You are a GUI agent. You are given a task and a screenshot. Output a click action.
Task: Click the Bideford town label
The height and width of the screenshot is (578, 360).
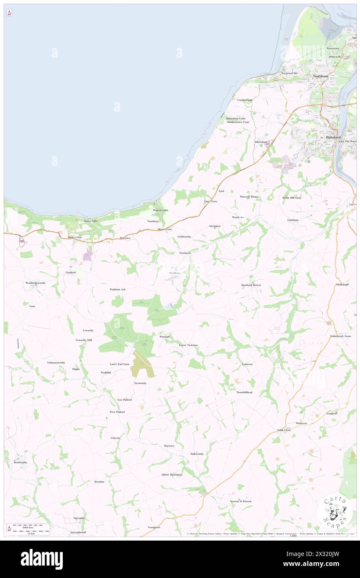(x=333, y=137)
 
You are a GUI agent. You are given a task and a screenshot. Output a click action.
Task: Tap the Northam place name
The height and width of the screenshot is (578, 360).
(x=321, y=77)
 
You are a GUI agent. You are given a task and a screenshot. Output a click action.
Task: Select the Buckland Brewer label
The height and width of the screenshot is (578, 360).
(x=251, y=285)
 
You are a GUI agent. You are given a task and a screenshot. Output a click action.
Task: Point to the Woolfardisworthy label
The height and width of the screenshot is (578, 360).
(x=35, y=283)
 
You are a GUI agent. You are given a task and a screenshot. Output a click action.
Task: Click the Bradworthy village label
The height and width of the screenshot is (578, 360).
(x=20, y=462)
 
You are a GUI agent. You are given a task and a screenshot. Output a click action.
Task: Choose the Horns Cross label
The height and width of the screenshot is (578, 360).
(x=165, y=230)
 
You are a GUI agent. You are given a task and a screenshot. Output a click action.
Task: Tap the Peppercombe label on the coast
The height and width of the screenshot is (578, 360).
(x=160, y=210)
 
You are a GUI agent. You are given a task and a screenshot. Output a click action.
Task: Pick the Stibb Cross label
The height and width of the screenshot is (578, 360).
(x=284, y=430)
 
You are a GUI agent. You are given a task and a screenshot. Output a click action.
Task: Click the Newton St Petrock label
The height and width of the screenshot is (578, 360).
(x=241, y=501)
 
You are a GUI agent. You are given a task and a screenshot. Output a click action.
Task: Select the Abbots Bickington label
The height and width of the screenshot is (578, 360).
(x=172, y=474)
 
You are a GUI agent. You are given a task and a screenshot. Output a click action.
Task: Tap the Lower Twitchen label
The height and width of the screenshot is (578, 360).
(x=188, y=345)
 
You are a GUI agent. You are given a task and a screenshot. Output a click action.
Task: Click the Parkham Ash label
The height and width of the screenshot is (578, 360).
(x=117, y=289)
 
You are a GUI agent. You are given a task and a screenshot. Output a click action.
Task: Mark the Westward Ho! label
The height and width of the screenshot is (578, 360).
(x=289, y=73)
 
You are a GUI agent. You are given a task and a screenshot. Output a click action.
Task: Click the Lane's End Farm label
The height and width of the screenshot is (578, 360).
(x=119, y=364)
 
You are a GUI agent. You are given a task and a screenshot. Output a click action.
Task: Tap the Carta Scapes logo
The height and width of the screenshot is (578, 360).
(x=335, y=511)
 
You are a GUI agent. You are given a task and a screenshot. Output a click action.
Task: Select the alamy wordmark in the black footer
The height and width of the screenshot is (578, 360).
(x=42, y=559)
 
